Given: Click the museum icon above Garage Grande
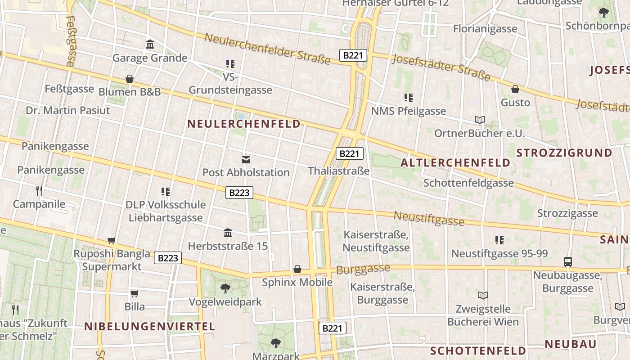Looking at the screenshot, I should [150, 45].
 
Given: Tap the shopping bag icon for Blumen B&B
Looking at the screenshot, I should [130, 79].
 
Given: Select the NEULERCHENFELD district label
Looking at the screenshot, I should [244, 124].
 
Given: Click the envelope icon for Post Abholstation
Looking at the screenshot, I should [246, 159].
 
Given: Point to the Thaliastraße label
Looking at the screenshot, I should [338, 171].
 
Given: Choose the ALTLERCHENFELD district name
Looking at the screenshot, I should [455, 163].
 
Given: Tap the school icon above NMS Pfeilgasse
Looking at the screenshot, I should [408, 97].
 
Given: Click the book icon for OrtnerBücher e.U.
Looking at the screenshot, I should [480, 120].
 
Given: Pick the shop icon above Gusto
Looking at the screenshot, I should [515, 89].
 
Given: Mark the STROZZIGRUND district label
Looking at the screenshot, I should [564, 153].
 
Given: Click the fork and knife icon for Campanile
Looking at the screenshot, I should [39, 191].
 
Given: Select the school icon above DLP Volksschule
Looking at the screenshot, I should [166, 192].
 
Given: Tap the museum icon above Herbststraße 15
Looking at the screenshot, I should [228, 233].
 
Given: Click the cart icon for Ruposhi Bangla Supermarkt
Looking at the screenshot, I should [111, 241].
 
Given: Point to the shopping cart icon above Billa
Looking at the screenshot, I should [134, 293].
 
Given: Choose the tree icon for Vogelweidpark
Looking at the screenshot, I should [225, 288].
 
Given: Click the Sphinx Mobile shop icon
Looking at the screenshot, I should [297, 269].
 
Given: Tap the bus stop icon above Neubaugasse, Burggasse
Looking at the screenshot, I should [568, 262].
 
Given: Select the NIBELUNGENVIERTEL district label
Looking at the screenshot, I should [149, 327].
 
